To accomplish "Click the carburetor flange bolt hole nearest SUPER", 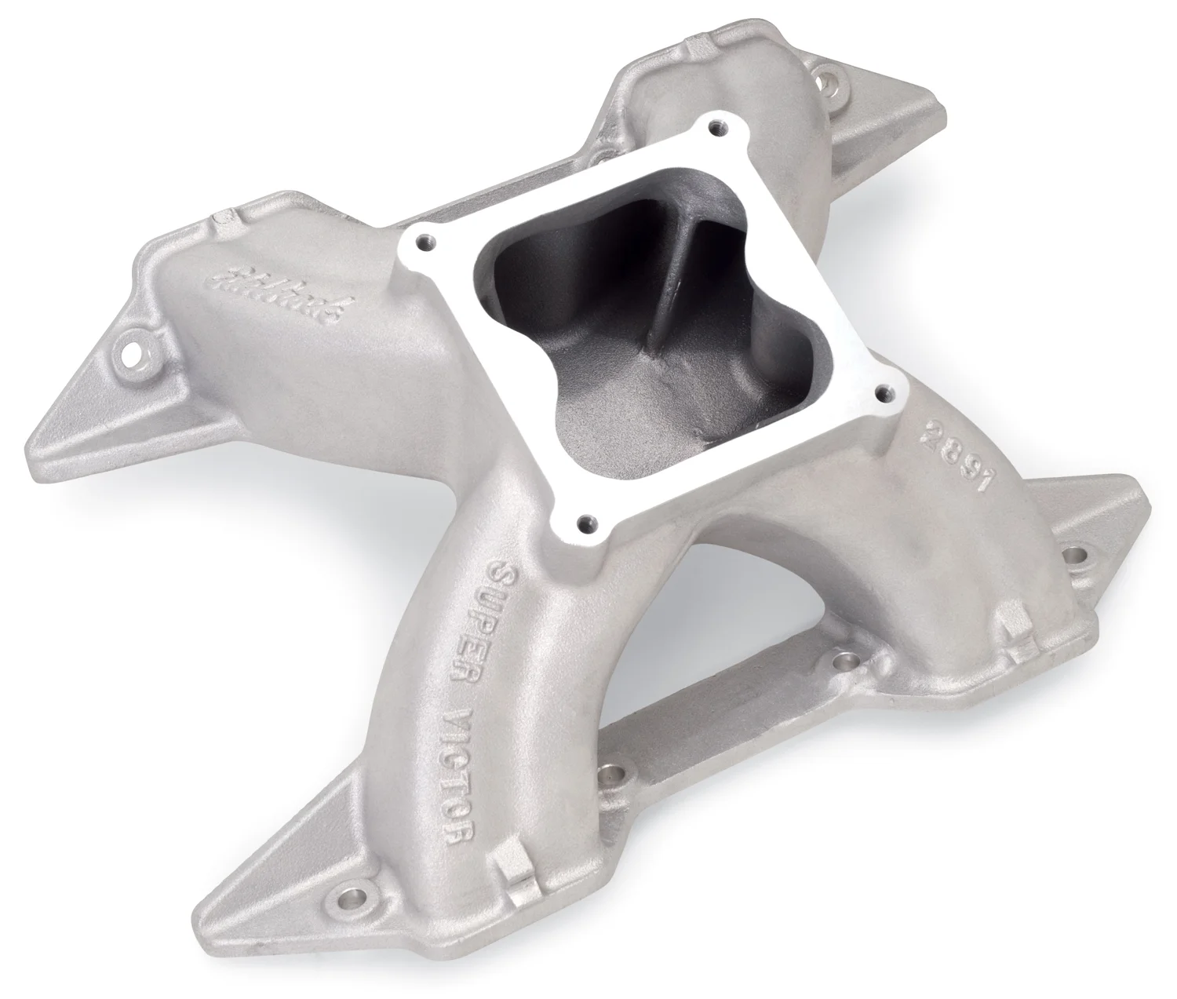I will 584,520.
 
